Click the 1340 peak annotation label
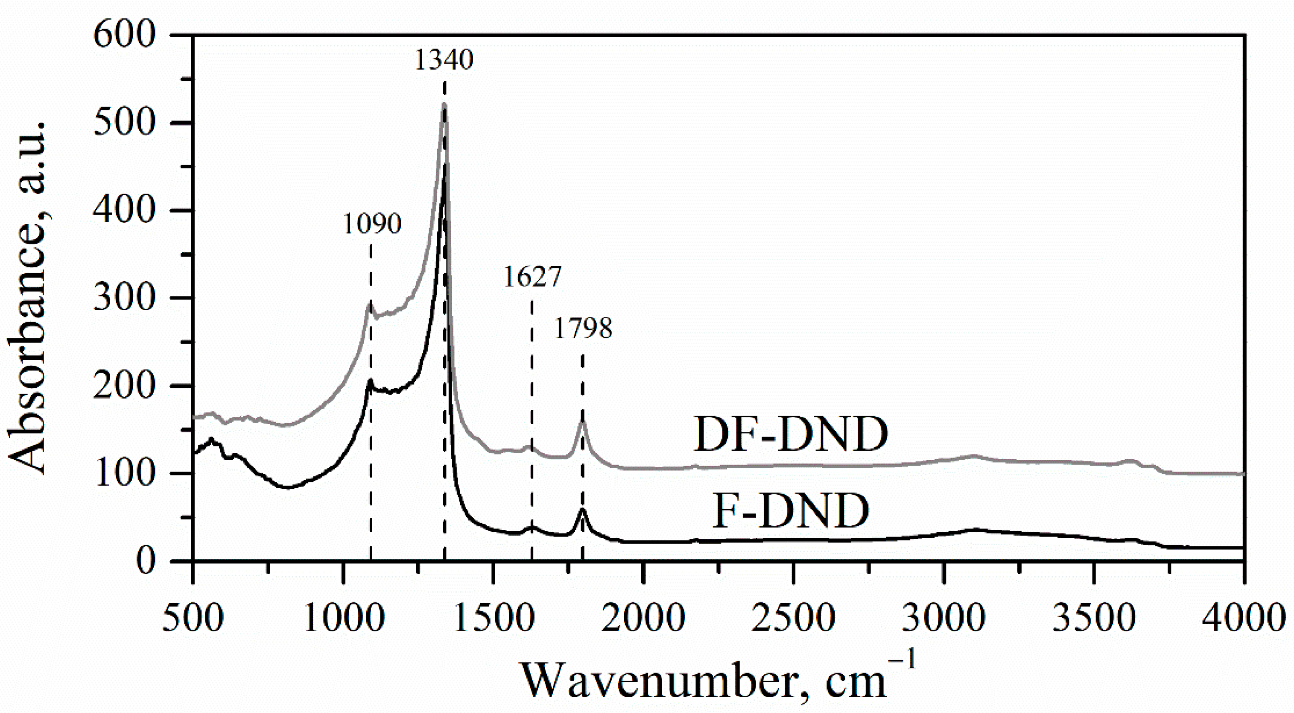(x=444, y=60)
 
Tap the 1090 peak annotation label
(x=372, y=224)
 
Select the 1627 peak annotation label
(x=532, y=277)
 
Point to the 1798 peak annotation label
(x=583, y=329)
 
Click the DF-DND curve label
(x=790, y=434)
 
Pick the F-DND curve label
(x=791, y=511)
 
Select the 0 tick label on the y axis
(x=146, y=560)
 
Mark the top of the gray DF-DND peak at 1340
(x=444, y=105)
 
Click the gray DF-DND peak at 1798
(x=583, y=420)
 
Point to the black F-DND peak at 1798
(x=583, y=509)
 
